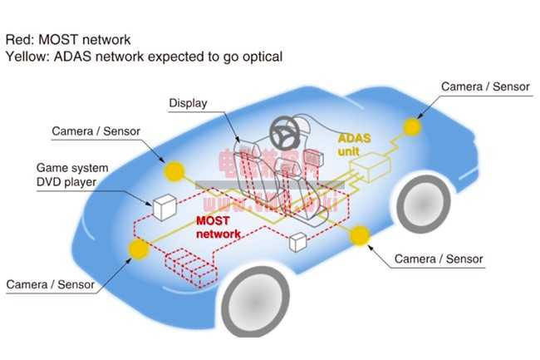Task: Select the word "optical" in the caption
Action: pos(258,57)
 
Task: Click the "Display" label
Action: pos(188,104)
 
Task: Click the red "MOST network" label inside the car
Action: pos(218,227)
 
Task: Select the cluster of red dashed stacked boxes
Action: pos(190,265)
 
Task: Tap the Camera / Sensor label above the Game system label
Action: pos(96,131)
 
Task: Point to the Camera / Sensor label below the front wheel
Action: pos(439,259)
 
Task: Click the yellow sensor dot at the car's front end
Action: pos(410,126)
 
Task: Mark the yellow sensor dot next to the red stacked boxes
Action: pos(137,247)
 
